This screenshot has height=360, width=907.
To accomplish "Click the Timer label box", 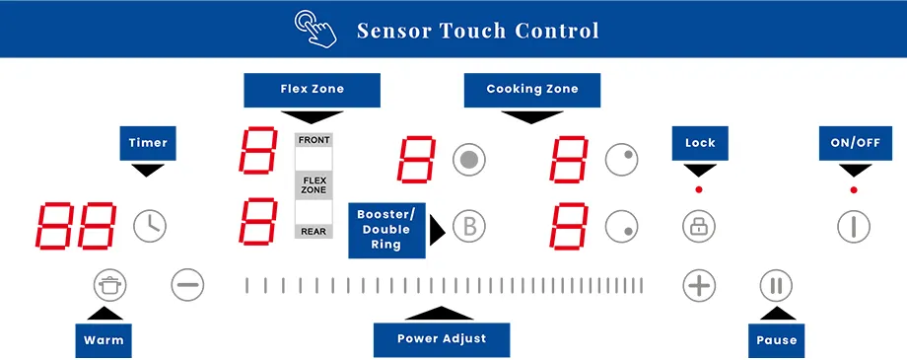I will tap(148, 143).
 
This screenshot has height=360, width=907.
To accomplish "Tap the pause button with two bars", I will tap(776, 286).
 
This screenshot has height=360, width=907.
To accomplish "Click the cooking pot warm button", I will tap(110, 286).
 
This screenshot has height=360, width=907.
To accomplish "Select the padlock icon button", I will tap(699, 226).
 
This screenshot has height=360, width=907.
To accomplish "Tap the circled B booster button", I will tap(470, 226).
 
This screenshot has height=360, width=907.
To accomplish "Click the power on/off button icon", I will tap(854, 226).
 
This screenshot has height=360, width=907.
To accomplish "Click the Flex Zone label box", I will tap(312, 90).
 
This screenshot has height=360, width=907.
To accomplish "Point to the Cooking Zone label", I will tap(532, 90).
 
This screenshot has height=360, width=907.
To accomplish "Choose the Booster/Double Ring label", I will tap(385, 229).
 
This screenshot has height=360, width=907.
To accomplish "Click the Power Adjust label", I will tap(442, 339).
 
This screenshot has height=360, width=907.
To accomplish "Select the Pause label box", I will tap(776, 340).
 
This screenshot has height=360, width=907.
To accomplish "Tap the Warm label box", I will tap(104, 340).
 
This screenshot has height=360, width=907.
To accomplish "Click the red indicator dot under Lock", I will tap(699, 188).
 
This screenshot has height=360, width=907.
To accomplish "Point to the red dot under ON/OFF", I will tap(854, 188).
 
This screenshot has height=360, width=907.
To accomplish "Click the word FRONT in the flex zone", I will tap(314, 140).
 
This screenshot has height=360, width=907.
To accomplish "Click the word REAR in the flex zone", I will tap(314, 232).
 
